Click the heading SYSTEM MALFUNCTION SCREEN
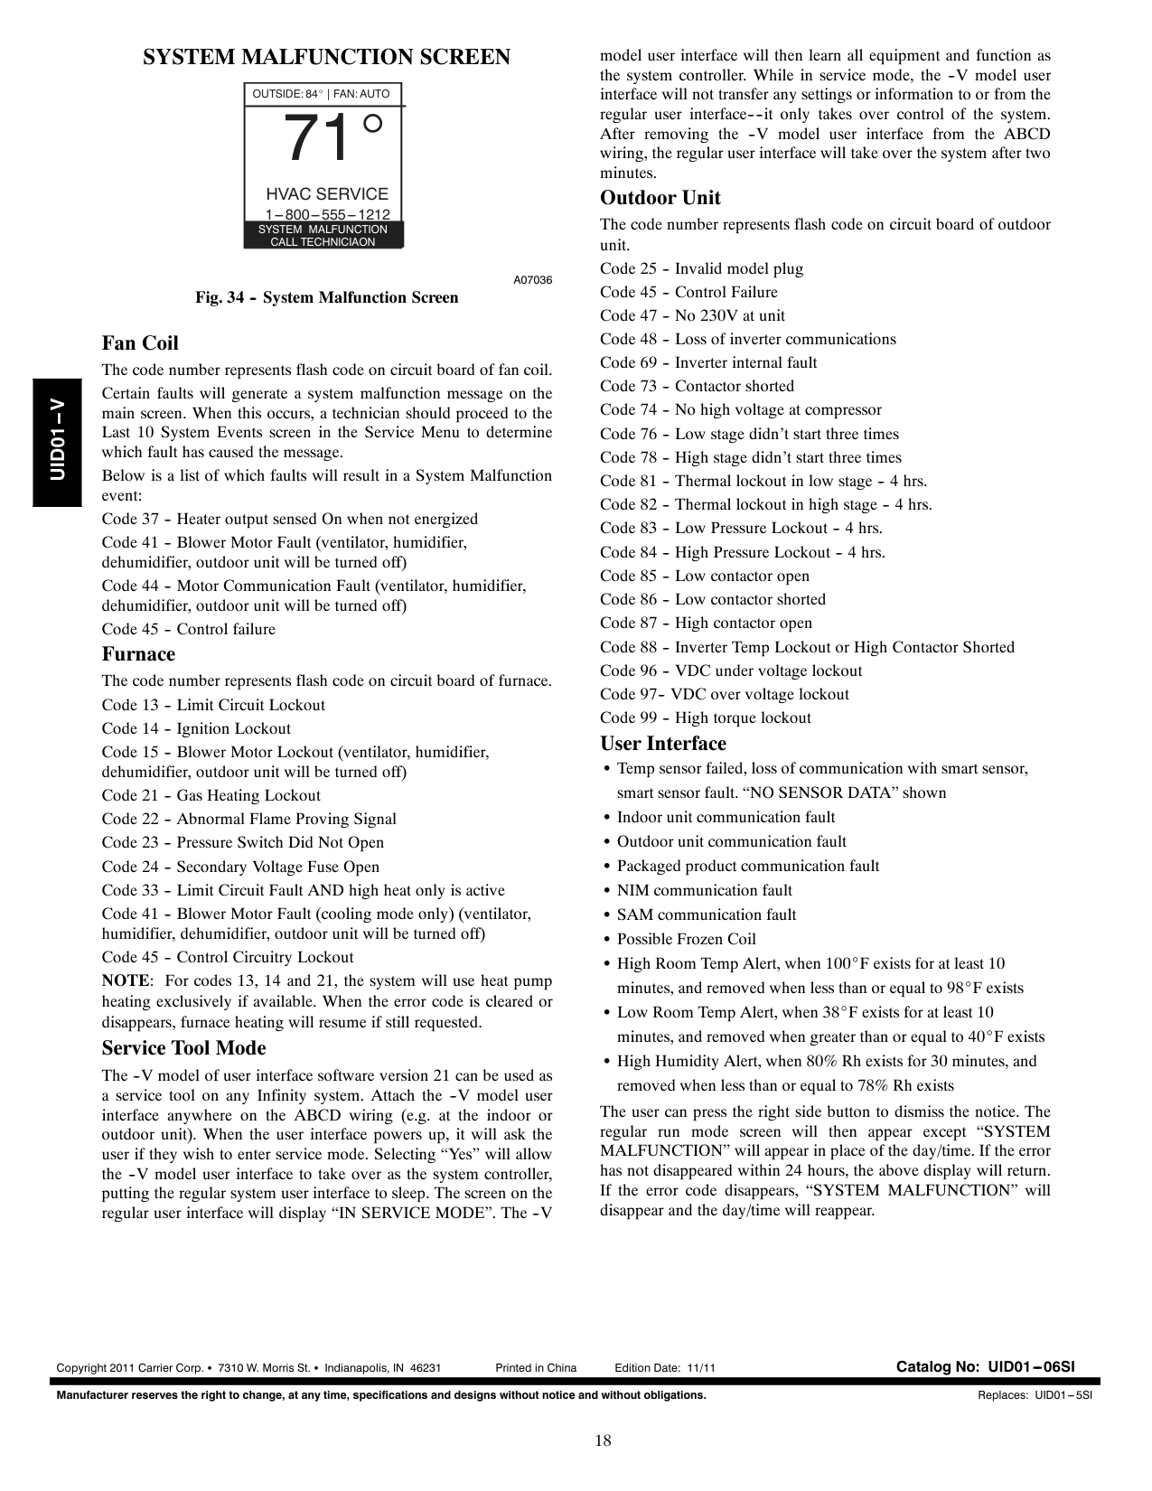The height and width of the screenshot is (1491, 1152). pos(326,58)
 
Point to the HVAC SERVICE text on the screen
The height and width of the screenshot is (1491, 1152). pos(326,194)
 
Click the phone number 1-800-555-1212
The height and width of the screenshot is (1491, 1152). pos(327,214)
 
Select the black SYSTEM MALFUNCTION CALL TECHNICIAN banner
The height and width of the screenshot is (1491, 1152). pos(323,235)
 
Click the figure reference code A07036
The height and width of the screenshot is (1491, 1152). pos(532,280)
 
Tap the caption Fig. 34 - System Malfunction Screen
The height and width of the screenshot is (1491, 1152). pos(326,297)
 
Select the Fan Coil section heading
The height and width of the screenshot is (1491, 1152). pos(140,343)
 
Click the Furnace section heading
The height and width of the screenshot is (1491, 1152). pos(138,654)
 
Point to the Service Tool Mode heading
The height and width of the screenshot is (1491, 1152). pos(183,1048)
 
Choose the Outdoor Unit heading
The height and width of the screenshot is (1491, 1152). pos(660,198)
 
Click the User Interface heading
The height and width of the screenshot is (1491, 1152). pos(663,744)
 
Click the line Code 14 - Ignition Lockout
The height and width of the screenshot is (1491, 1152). pos(196,728)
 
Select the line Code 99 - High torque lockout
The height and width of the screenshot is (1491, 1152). pos(706,717)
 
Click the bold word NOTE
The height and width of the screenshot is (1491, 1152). pos(125,981)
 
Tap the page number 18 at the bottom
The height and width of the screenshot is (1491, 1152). pos(603,1440)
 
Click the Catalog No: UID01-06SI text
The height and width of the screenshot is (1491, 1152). pos(985,1367)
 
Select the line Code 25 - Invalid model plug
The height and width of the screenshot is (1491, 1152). pos(701,268)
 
